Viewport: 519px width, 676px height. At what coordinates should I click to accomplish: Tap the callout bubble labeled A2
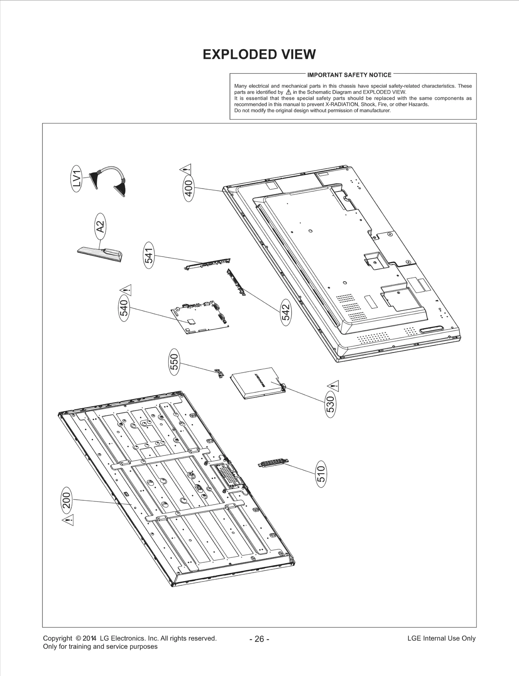click(101, 226)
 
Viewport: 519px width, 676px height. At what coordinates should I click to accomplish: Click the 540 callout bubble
click(125, 308)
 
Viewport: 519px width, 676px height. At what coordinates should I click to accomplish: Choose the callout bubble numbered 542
click(286, 312)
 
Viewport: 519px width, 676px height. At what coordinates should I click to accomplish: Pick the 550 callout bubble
click(175, 362)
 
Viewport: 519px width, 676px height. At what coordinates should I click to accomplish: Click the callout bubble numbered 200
click(66, 500)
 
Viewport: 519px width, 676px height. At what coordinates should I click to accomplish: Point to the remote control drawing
click(101, 253)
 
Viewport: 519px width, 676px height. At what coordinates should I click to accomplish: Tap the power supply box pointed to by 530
click(258, 383)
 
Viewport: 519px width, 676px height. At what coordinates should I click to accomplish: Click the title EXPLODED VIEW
click(259, 54)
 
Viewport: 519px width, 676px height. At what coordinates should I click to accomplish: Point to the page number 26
click(259, 639)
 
